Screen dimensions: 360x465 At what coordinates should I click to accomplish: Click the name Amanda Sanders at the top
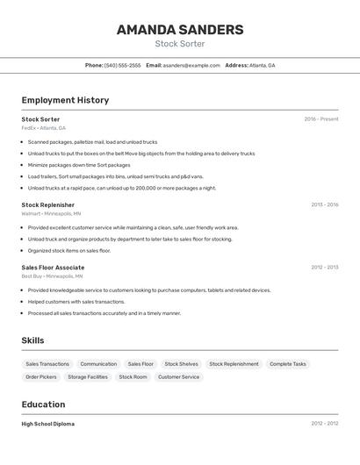[180, 30]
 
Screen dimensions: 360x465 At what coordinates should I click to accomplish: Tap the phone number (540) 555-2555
[122, 65]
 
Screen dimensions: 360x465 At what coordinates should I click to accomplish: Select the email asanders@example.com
[191, 65]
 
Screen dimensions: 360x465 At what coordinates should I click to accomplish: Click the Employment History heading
[65, 100]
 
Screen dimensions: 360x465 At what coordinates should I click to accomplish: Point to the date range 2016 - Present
[321, 119]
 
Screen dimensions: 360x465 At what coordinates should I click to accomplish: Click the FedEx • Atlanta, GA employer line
[44, 128]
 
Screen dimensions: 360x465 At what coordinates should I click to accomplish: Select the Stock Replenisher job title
[48, 205]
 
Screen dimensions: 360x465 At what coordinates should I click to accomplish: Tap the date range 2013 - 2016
[324, 205]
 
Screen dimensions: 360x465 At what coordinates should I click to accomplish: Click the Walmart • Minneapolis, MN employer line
[51, 214]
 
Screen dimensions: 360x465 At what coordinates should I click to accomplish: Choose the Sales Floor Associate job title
[53, 268]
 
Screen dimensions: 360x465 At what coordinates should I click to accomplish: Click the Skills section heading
[33, 340]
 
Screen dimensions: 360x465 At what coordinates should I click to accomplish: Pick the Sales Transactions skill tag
[47, 364]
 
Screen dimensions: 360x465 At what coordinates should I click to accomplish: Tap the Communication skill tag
[98, 364]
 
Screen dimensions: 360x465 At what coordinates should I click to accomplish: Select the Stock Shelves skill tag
[181, 364]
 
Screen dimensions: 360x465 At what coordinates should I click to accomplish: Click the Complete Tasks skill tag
[288, 364]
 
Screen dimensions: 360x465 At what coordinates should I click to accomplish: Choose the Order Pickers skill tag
[41, 377]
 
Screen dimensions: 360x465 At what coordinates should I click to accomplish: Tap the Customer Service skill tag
[178, 377]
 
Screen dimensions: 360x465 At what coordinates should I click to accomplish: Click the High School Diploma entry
[48, 424]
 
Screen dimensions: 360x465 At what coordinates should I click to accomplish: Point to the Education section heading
[43, 404]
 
